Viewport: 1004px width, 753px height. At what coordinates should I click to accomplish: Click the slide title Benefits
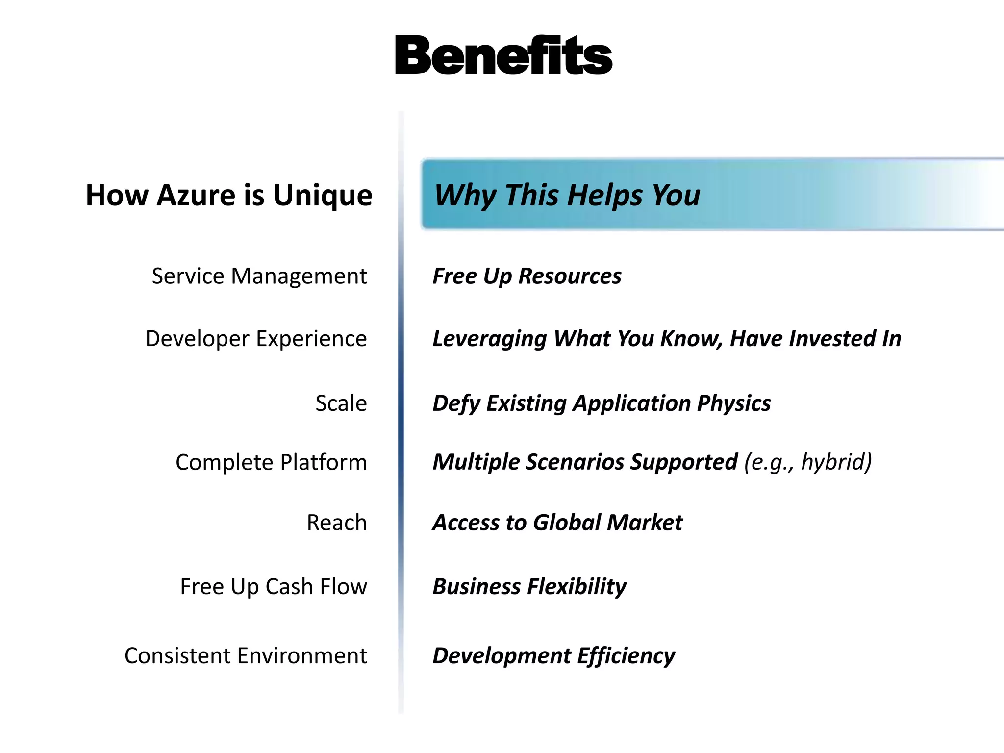503,55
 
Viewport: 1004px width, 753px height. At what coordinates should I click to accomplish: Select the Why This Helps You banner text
567,195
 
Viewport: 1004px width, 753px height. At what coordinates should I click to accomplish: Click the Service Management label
259,276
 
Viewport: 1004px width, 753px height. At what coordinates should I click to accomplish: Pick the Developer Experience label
256,339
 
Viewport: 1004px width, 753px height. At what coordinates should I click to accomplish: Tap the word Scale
341,403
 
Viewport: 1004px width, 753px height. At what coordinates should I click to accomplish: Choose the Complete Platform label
271,462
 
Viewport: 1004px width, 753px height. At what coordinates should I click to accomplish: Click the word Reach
336,523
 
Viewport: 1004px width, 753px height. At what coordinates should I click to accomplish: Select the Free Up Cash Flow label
274,586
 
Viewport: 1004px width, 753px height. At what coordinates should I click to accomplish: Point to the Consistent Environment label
246,656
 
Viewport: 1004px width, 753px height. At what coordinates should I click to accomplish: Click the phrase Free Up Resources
527,276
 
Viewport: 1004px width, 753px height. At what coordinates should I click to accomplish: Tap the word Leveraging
489,339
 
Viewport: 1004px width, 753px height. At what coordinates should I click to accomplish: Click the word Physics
733,403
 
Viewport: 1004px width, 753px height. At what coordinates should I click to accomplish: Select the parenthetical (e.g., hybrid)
807,462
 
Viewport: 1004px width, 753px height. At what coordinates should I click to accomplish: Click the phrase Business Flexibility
529,586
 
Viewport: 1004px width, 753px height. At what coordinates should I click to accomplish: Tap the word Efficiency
626,656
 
